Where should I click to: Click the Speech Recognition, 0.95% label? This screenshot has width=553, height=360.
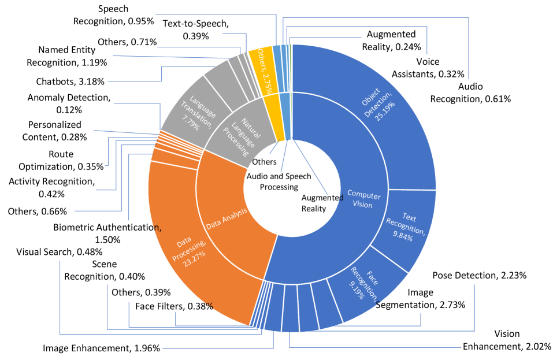click(x=113, y=15)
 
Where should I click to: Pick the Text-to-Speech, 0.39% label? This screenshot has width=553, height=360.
click(x=196, y=29)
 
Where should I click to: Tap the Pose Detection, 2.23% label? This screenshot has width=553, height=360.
click(x=479, y=275)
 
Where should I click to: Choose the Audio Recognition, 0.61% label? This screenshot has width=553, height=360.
click(x=470, y=92)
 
